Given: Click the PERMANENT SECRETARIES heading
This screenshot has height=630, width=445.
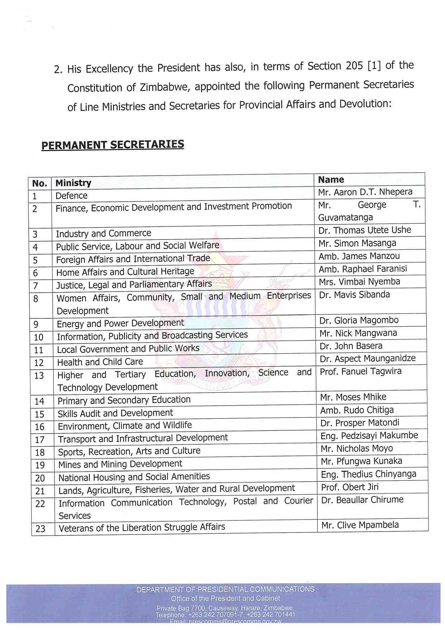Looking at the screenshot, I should pyautogui.click(x=113, y=145).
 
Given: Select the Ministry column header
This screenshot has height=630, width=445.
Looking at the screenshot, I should pyautogui.click(x=73, y=183).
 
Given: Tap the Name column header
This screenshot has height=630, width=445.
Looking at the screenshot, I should pyautogui.click(x=331, y=179).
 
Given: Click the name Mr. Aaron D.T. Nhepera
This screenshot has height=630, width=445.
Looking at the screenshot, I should pyautogui.click(x=365, y=192).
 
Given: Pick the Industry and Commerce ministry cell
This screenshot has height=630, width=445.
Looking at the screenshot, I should pyautogui.click(x=103, y=234).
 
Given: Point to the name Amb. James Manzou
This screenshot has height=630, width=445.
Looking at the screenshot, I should pyautogui.click(x=359, y=256).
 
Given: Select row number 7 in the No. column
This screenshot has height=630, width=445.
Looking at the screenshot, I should pyautogui.click(x=36, y=286).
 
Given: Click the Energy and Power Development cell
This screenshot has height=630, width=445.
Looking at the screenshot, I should pyautogui.click(x=120, y=323).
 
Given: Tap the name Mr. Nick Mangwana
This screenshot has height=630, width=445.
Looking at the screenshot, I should pyautogui.click(x=358, y=333).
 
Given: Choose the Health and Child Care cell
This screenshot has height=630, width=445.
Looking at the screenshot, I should pyautogui.click(x=100, y=362).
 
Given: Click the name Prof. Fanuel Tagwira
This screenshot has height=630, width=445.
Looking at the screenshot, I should pyautogui.click(x=360, y=372).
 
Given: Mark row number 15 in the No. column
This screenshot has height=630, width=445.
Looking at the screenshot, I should pyautogui.click(x=39, y=414).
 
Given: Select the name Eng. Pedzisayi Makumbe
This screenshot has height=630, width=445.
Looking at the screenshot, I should pyautogui.click(x=369, y=436).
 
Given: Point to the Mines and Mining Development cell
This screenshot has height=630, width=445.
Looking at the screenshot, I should pyautogui.click(x=120, y=465).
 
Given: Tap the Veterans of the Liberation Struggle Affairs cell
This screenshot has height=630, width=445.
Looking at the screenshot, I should pyautogui.click(x=142, y=528).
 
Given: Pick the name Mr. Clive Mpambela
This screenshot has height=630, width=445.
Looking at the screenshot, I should pyautogui.click(x=360, y=525).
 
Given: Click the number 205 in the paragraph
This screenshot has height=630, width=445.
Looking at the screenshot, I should pyautogui.click(x=354, y=66).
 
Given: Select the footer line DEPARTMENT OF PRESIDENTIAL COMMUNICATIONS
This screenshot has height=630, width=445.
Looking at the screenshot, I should pyautogui.click(x=225, y=589).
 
